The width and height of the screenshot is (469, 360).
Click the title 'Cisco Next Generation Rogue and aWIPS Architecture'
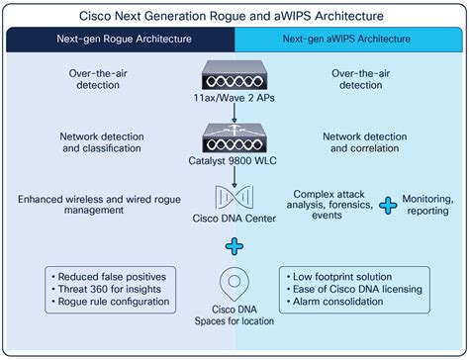pyautogui.click(x=234, y=17)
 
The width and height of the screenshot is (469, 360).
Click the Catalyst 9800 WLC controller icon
pyautogui.click(x=234, y=136)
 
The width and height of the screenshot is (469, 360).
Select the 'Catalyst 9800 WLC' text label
pyautogui.click(x=234, y=158)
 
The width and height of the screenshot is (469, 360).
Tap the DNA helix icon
pyautogui.click(x=234, y=193)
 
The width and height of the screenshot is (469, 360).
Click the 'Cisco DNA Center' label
pyautogui.click(x=234, y=221)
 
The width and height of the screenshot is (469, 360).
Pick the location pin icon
pyautogui.click(x=234, y=283)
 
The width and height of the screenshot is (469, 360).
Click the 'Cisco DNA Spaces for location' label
pyautogui.click(x=234, y=314)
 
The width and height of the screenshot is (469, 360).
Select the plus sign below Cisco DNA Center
pyautogui.click(x=234, y=246)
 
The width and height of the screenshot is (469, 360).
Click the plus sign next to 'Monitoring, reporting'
pyautogui.click(x=388, y=206)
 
